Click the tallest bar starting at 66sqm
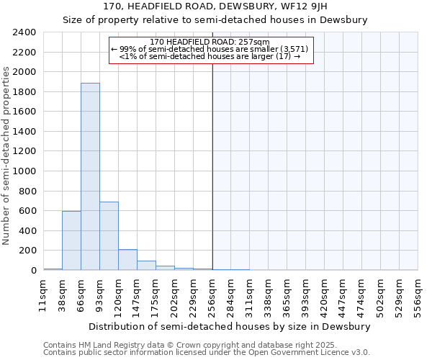90,176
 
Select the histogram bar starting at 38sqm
71,240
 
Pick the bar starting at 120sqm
127,260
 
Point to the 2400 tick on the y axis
24,32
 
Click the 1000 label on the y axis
24,171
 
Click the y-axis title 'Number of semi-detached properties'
7,156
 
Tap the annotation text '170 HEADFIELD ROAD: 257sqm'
211,42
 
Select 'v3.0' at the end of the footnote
361,353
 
